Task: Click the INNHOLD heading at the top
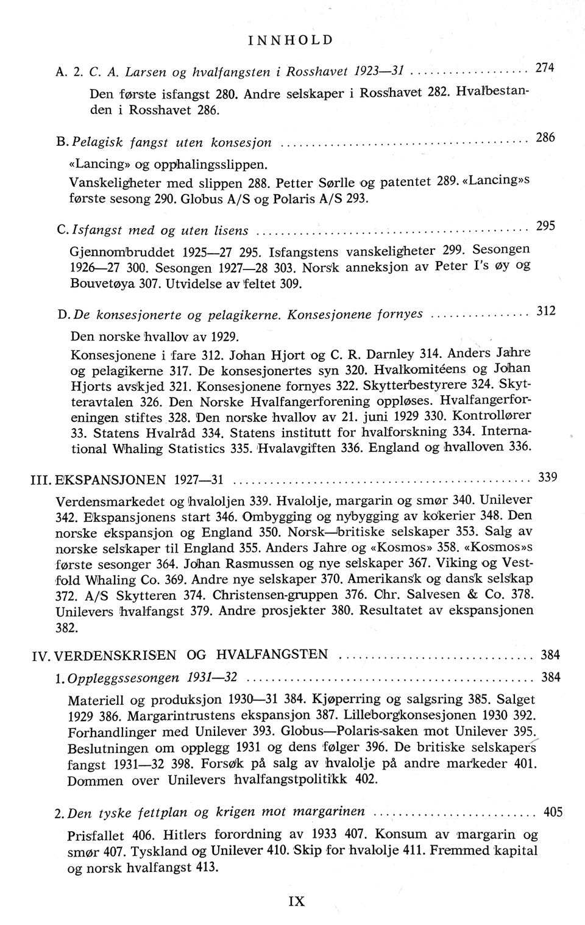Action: [291, 40]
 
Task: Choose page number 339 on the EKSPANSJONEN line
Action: [548, 477]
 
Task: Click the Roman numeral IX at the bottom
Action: [296, 901]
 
